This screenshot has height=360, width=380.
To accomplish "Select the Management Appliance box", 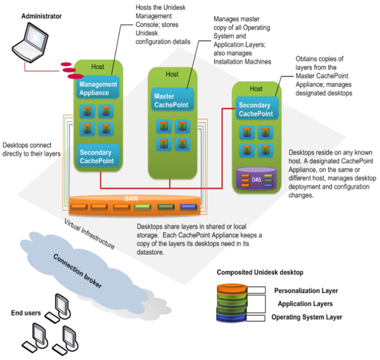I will (98, 88).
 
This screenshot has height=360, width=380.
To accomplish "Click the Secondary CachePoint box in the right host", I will (256, 110).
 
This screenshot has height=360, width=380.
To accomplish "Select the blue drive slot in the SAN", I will (187, 207).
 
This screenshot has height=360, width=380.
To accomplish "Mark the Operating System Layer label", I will (307, 317).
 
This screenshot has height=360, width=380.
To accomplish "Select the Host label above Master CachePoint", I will (172, 74).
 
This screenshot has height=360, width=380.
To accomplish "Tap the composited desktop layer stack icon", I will (234, 303).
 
